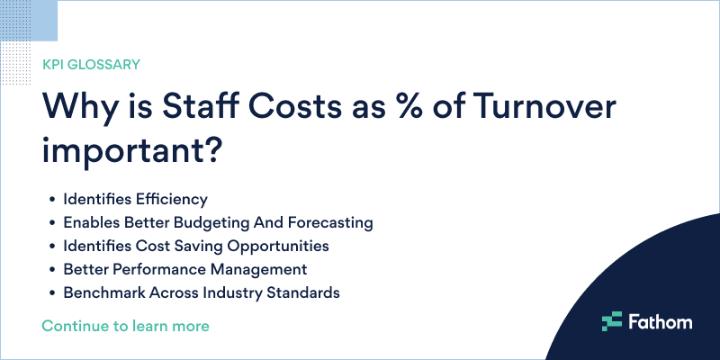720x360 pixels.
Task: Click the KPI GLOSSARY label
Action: (x=91, y=65)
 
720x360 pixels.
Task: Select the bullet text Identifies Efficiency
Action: (x=135, y=198)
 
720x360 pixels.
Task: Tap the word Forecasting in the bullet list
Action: (x=328, y=221)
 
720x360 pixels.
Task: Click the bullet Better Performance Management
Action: (x=185, y=268)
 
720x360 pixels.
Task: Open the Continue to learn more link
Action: (x=126, y=325)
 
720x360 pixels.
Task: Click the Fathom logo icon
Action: (x=612, y=320)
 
